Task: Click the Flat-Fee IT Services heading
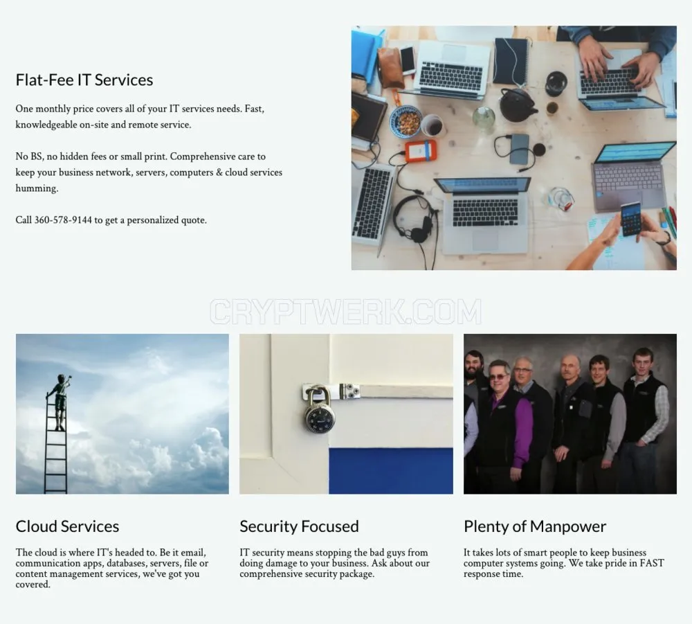[84, 80]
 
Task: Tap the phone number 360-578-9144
[63, 220]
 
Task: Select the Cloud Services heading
[68, 526]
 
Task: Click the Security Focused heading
[299, 526]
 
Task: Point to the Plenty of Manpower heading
[535, 526]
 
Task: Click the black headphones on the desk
[414, 220]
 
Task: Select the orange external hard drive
[421, 150]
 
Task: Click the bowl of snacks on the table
[406, 121]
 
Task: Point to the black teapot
[517, 105]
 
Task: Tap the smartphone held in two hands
[630, 219]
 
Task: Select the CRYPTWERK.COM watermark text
[345, 312]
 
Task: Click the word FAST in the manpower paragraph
[651, 563]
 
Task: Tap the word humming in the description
[37, 188]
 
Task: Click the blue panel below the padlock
[390, 471]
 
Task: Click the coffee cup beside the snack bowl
[432, 125]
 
